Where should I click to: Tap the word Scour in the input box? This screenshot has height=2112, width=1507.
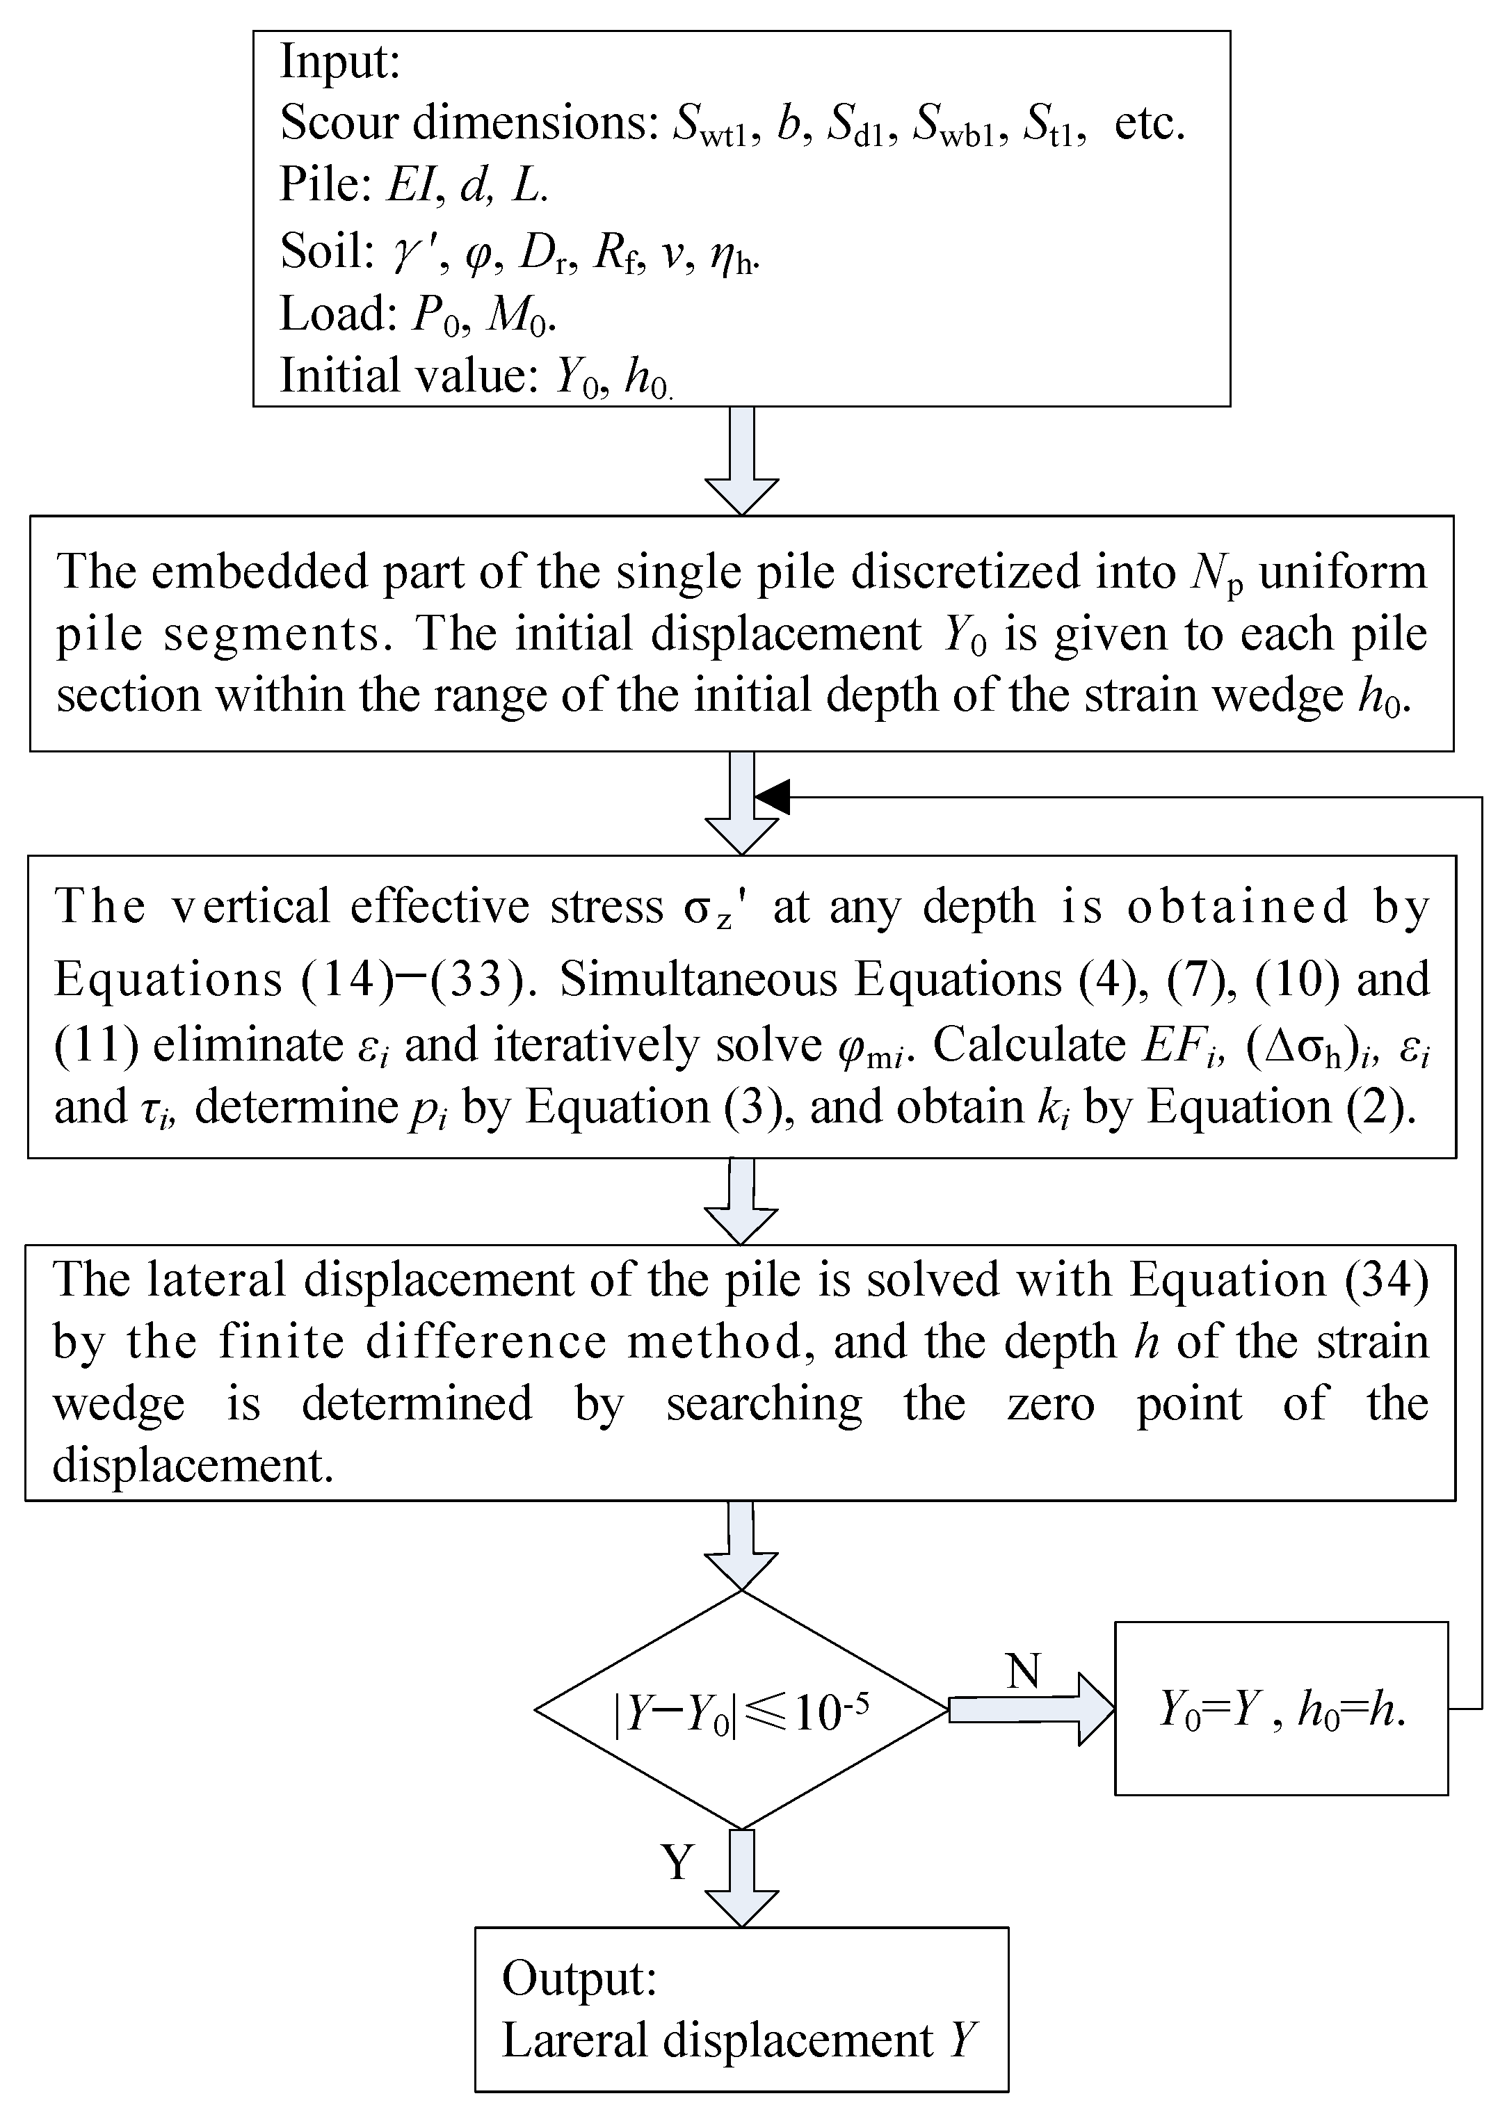(339, 122)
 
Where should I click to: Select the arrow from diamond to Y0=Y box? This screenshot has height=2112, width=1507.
(1030, 1709)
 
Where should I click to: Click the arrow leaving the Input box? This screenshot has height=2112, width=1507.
(741, 460)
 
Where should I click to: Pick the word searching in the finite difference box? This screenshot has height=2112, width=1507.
(764, 1403)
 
